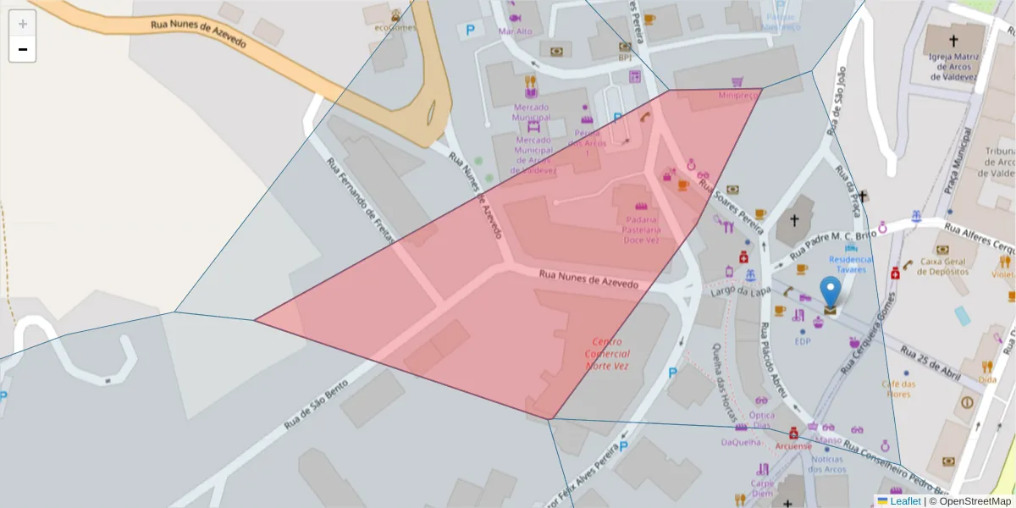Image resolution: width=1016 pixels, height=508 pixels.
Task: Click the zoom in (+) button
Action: coord(23,24)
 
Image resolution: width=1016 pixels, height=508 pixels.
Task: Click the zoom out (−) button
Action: coord(23,50)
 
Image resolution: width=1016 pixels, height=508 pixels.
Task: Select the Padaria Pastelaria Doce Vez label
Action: coord(641,229)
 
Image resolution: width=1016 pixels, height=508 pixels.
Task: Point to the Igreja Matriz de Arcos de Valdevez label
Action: coord(953,64)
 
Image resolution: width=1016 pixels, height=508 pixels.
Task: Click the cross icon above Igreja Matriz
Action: coord(953,41)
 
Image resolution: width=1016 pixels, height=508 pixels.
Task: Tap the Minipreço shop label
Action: coord(738,96)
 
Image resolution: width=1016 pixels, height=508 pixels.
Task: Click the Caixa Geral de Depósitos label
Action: coord(939,261)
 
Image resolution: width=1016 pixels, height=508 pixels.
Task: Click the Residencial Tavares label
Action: coord(850,264)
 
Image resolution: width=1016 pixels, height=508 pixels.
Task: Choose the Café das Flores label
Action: coord(900,389)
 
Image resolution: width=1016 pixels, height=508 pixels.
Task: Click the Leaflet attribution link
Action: coord(905,501)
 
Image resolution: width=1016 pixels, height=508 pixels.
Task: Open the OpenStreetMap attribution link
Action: coord(970,501)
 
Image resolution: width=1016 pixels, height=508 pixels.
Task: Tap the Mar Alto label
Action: coord(516,31)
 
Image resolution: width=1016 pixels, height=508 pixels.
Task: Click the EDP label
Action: coord(803,341)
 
